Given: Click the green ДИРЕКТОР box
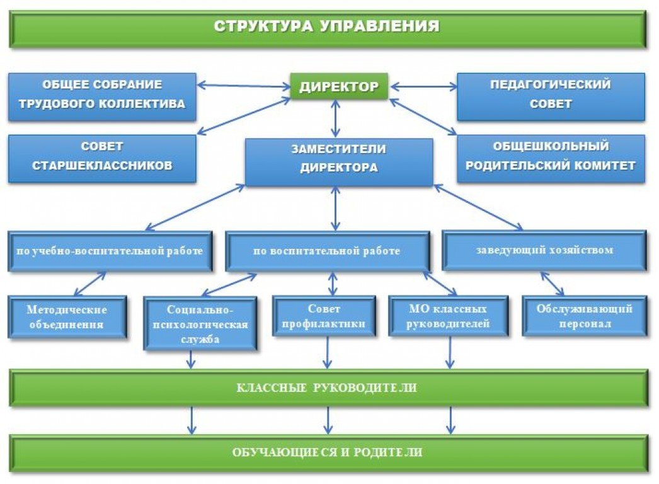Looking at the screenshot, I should (339, 86).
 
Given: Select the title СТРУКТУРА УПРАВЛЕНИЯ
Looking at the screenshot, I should (327, 28).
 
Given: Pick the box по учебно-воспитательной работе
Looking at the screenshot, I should (110, 251).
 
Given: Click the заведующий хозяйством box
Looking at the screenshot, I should (544, 250).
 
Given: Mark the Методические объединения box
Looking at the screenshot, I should (67, 317).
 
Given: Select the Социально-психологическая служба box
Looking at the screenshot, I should (200, 323).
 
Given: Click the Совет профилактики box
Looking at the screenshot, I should (324, 317).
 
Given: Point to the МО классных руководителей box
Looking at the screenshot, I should (448, 317).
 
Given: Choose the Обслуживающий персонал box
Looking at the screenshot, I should (584, 316).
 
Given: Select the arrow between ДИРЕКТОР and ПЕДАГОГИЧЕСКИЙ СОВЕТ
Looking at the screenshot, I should (423, 86).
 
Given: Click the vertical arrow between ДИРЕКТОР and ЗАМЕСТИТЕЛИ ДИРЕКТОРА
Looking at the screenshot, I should (336, 118).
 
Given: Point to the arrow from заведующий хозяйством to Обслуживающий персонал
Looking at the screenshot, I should (552, 284).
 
